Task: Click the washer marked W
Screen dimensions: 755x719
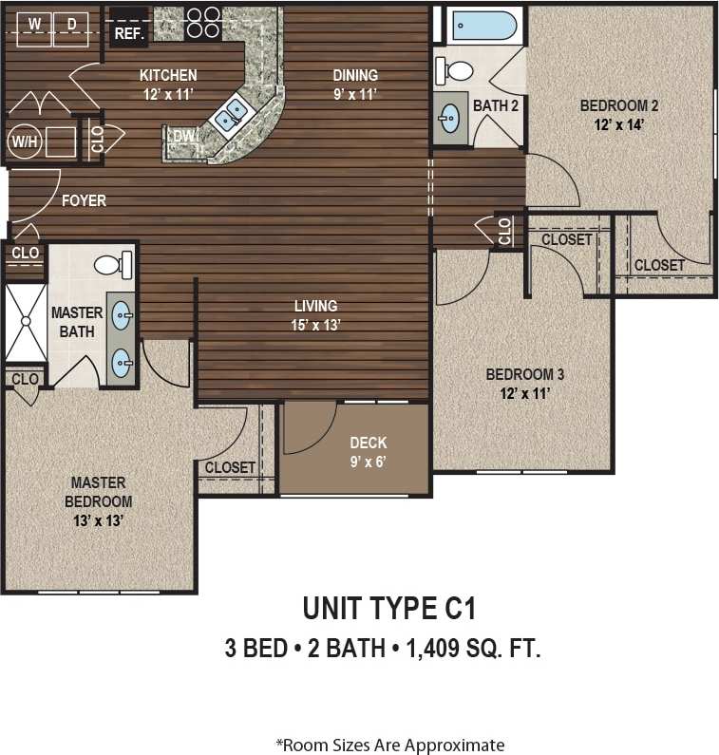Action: pyautogui.click(x=34, y=25)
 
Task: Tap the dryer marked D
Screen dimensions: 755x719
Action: pyautogui.click(x=71, y=25)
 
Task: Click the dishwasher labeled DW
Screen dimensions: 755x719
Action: pyautogui.click(x=182, y=138)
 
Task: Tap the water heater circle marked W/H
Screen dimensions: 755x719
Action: pyautogui.click(x=21, y=142)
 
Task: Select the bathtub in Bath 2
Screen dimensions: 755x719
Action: pyautogui.click(x=483, y=25)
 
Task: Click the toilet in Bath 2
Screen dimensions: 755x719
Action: pyautogui.click(x=457, y=69)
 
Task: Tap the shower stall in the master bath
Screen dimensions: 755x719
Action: pyautogui.click(x=26, y=322)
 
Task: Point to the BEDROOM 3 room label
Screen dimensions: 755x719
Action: pyautogui.click(x=518, y=382)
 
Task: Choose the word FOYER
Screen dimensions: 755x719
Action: pyautogui.click(x=84, y=200)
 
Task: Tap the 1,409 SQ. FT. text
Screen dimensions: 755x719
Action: pyautogui.click(x=473, y=649)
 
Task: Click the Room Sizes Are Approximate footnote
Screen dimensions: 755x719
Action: pyautogui.click(x=389, y=745)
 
